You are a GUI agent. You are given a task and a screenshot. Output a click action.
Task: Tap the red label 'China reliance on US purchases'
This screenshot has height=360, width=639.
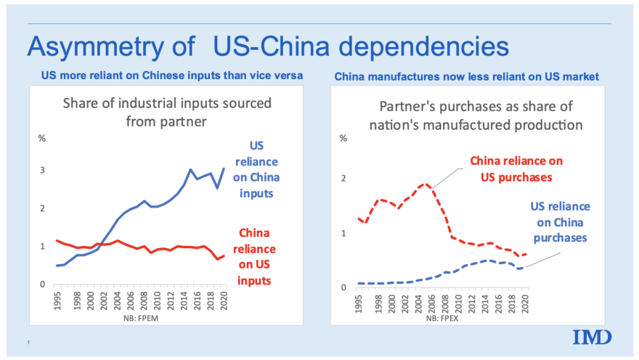pos(516,168)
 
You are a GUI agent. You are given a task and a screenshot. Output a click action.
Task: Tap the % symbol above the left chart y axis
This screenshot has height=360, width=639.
pos(42,137)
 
